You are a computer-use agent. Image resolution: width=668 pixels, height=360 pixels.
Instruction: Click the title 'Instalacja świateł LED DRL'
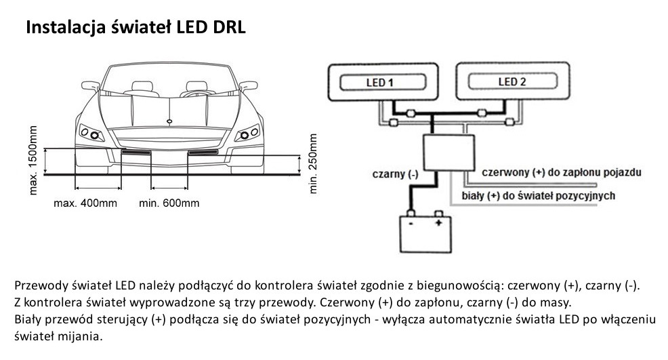(135, 28)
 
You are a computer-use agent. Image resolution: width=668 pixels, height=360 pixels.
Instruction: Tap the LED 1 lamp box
(381, 83)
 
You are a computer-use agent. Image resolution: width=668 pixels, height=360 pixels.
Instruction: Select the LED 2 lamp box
(512, 83)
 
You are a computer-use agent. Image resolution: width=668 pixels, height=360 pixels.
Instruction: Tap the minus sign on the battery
(409, 222)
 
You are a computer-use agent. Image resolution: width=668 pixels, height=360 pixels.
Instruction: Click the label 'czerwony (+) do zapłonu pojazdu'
(561, 172)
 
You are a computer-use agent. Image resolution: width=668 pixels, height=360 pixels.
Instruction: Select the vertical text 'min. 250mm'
(313, 163)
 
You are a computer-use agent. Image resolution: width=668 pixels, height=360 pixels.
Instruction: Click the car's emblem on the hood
(168, 121)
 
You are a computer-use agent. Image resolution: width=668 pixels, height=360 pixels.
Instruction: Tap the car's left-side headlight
(93, 132)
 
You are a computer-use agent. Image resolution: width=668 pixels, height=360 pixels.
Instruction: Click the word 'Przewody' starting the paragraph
(37, 285)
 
